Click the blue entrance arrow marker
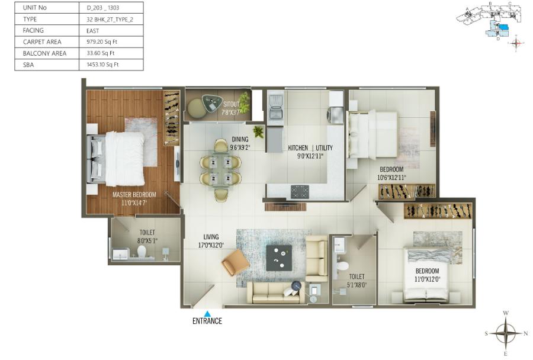coord(207,314)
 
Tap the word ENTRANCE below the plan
coord(207,322)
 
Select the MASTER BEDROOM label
coord(134,194)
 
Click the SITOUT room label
coord(231,104)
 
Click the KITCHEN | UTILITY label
coord(310,148)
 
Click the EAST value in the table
coord(94,30)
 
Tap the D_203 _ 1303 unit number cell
coord(102,8)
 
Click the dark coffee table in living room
coord(278,258)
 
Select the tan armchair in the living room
coord(235,262)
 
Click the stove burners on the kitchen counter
coord(299,191)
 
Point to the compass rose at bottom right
coord(506,333)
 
